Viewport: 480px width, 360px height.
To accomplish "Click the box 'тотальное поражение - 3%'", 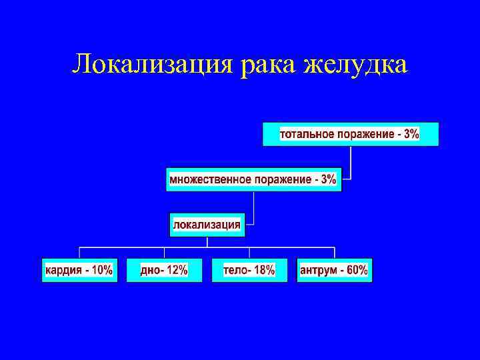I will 350,134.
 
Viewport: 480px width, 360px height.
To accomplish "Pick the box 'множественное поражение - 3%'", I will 253,179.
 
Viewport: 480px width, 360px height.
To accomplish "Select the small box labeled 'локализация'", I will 207,225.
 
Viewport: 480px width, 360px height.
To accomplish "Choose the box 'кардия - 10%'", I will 79,270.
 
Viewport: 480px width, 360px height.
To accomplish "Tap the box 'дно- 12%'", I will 164,270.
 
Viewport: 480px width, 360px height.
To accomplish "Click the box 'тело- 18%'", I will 249,270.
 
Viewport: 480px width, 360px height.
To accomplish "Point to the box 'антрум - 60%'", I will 334,270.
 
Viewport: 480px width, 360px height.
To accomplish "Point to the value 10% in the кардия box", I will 102,270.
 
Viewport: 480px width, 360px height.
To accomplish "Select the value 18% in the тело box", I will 264,270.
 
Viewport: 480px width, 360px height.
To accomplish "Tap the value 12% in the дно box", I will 177,270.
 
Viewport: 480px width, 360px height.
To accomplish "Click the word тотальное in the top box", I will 307,134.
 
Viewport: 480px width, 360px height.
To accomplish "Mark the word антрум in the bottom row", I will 318,270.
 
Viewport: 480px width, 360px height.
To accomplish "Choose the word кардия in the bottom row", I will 63,270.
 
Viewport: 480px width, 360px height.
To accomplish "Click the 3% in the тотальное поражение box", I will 411,134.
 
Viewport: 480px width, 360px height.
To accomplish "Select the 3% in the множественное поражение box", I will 328,179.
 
